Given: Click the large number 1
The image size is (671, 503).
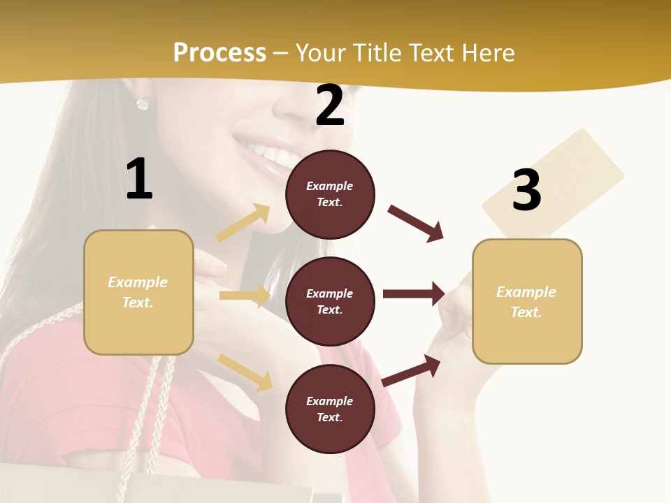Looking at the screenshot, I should pos(139,180).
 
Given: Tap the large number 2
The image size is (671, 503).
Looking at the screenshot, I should pos(330,105).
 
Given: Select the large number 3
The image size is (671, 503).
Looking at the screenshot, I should pos(526,190).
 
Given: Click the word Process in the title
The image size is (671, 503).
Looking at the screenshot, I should pos(219,52).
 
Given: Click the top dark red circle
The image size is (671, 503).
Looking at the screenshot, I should pos(330,194).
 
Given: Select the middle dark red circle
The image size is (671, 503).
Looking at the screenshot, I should pos(330,301).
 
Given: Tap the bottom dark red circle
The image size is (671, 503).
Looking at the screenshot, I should pos(330,409).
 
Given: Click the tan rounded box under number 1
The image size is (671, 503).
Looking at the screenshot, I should pos(138,292).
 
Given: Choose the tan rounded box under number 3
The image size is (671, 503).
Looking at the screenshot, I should pos(527,301).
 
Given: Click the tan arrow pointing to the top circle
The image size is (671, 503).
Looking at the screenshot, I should pos(243,223).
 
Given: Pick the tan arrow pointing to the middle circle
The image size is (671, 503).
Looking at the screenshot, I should pos(245,296).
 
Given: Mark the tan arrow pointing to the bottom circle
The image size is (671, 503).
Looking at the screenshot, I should pos(245,372).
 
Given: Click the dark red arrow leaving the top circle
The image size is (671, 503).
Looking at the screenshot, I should pos(416,223).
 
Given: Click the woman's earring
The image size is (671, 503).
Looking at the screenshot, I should pos(143,103).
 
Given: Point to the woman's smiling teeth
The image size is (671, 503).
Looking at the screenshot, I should pos(269,152).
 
